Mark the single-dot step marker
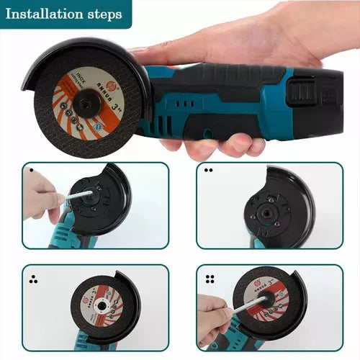31,171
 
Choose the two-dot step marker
208,171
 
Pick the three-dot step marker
32,277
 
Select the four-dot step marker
210,276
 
